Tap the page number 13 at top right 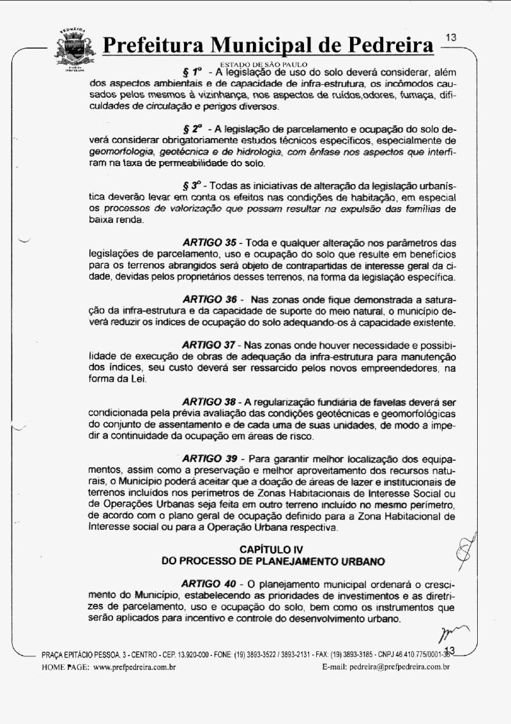[451, 38]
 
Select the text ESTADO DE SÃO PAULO [264, 65]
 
